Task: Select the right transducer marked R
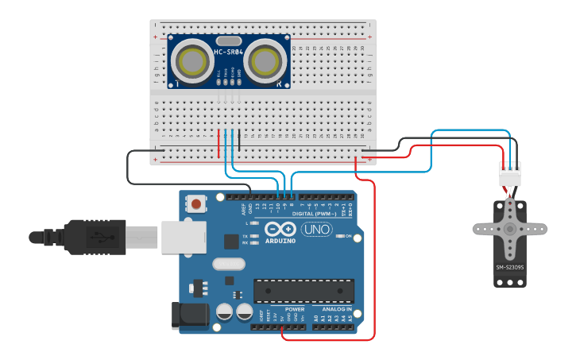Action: point(265,61)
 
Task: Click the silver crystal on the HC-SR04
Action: point(228,41)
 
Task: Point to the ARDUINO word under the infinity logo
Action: point(280,240)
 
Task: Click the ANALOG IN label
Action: point(338,309)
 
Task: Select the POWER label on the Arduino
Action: point(295,309)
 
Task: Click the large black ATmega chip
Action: point(301,291)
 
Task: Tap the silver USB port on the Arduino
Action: point(184,237)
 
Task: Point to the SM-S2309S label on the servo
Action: point(509,267)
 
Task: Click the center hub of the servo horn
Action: point(509,229)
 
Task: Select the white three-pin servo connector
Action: point(510,173)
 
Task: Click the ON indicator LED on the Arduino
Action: point(340,236)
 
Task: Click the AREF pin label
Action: point(244,210)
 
